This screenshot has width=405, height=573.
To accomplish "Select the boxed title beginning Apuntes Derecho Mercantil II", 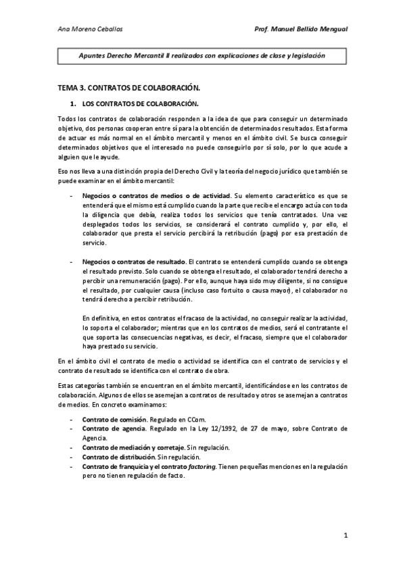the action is [202, 56].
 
